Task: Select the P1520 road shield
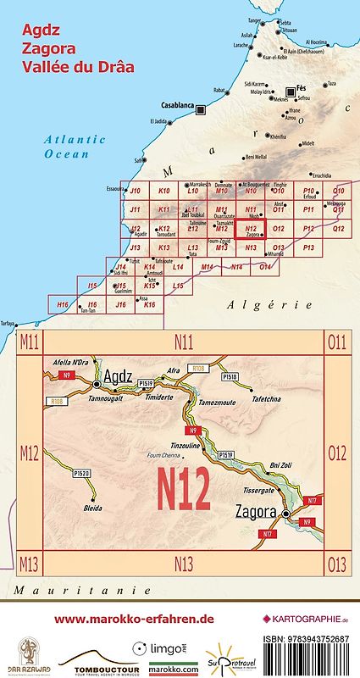pos(82,472)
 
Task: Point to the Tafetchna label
pos(268,397)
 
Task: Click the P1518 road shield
pos(230,375)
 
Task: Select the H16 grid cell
pos(62,303)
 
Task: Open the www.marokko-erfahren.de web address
pos(133,619)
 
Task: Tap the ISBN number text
pos(306,637)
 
